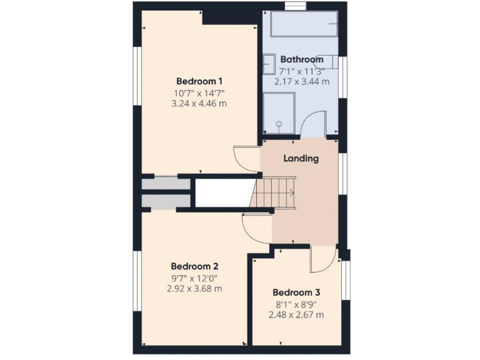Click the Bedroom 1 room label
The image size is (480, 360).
199,81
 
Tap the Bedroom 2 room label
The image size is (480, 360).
194,265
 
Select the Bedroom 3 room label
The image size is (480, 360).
296,292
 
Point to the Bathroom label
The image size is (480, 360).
301,59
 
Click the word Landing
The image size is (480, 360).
301,158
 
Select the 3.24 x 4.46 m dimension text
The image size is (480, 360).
199,104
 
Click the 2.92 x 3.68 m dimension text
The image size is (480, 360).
194,289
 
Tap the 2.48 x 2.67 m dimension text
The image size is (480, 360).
296,315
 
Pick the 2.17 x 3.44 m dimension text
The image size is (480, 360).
301,81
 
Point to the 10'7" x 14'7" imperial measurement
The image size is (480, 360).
199,93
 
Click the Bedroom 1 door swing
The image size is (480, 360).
245,159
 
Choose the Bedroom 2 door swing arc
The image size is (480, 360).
256,227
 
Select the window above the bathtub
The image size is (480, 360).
295,6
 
